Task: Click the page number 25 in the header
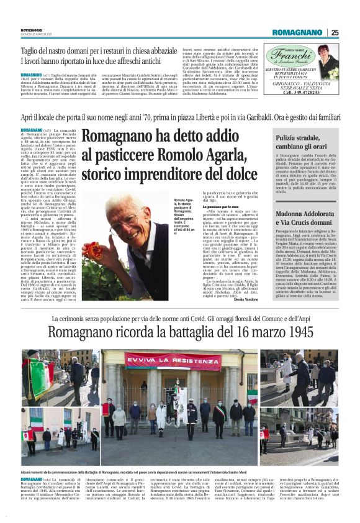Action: (335, 32)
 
